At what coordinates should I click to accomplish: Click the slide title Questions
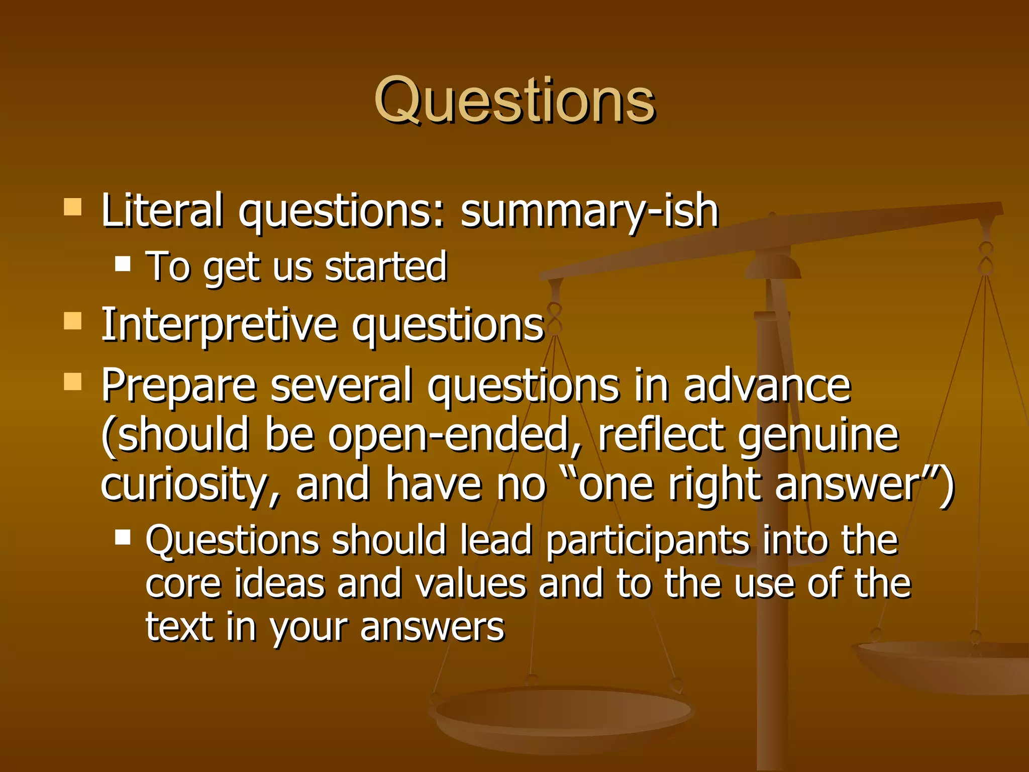click(514, 101)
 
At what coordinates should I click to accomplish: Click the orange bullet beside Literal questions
click(73, 207)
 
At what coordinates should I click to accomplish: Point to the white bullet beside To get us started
click(123, 263)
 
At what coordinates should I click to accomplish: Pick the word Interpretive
click(219, 326)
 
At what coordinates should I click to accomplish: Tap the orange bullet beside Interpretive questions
click(73, 320)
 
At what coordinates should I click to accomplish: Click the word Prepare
click(179, 386)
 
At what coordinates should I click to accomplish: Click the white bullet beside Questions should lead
click(123, 537)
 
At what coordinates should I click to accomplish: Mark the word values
click(471, 584)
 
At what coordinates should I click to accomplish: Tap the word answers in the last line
click(432, 627)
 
